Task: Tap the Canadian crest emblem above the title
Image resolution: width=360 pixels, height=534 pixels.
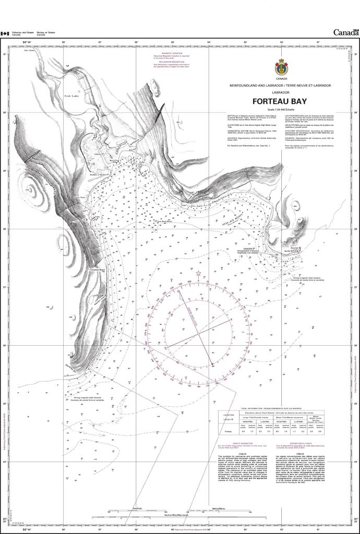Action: point(281,66)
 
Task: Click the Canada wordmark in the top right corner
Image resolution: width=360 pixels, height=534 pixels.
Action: point(346,32)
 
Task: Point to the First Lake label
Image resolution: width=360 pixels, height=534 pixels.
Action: point(70,96)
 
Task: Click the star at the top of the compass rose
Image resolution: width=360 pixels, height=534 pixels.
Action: point(198,273)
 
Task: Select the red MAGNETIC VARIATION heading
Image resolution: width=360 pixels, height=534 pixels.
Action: point(174,53)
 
